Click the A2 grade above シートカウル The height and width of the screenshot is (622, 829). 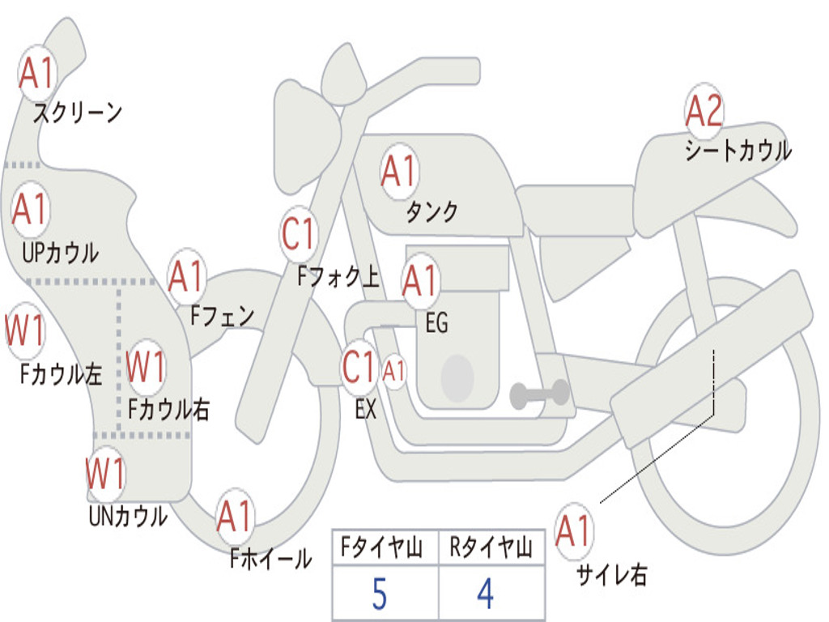click(x=704, y=110)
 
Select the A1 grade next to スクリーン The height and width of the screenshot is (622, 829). click(x=37, y=74)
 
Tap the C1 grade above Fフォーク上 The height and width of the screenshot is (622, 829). click(x=299, y=234)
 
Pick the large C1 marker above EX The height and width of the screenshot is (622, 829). click(x=359, y=367)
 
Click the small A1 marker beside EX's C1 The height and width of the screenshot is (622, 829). click(x=394, y=371)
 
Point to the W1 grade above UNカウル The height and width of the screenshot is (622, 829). click(x=106, y=473)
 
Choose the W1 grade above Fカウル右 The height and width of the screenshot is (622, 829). click(x=146, y=367)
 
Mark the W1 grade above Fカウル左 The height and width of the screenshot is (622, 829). click(x=25, y=330)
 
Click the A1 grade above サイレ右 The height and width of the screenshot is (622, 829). click(x=574, y=530)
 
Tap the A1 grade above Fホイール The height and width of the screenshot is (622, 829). click(x=235, y=516)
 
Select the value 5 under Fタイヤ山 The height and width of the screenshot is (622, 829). click(x=380, y=594)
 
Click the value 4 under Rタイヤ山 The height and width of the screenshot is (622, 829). click(x=486, y=594)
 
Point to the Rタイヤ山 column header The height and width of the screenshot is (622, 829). click(x=491, y=547)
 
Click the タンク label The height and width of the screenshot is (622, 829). click(x=432, y=211)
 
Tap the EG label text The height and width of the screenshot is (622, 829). click(x=436, y=322)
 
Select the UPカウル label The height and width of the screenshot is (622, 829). click(x=60, y=253)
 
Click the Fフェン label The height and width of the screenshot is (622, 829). click(x=223, y=316)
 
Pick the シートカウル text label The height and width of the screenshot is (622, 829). click(x=738, y=150)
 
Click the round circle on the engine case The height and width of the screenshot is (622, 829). click(x=457, y=377)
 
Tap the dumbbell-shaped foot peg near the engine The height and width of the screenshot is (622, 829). click(x=539, y=394)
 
